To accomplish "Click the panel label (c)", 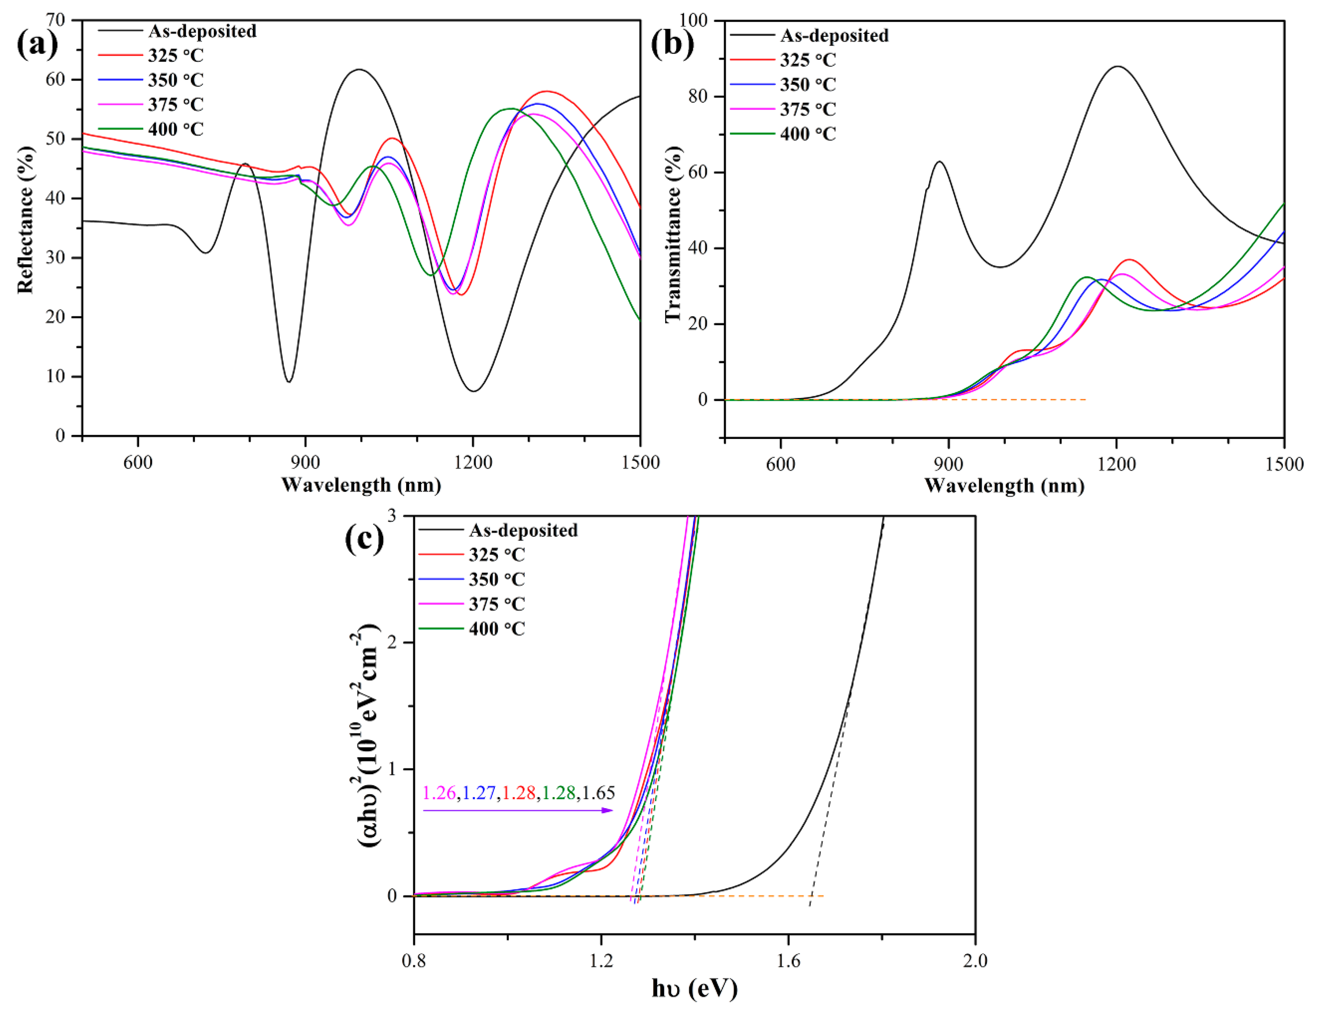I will coord(364,539).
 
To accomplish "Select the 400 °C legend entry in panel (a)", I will coord(175,129).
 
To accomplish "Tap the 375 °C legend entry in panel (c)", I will coord(497,604).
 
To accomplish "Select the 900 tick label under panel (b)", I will coord(949,464).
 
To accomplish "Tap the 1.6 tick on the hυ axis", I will coord(788,959).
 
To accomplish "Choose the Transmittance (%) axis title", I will coord(673,235).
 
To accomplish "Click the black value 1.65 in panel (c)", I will coord(598,792).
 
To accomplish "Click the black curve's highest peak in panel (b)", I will coord(1118,66).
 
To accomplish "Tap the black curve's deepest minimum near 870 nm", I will coord(289,382).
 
